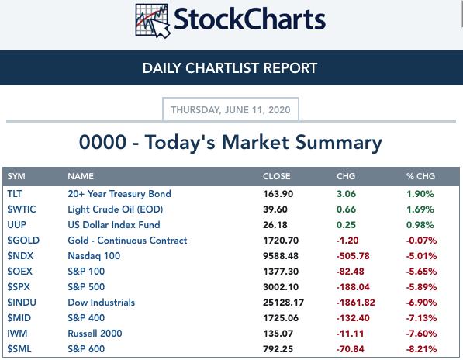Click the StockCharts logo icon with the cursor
coord(153,21)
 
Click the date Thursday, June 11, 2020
coord(230,110)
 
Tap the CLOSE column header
coord(276,176)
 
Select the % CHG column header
coord(420,176)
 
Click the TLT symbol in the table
coord(15,194)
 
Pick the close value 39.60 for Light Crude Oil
coord(275,209)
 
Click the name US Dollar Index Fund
coord(114,225)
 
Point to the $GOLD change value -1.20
coord(347,241)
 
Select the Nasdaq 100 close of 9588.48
coord(281,256)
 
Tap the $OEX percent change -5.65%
coord(421,272)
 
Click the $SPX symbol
coord(19,287)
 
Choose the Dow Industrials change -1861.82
coord(355,303)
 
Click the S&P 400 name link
coord(86,318)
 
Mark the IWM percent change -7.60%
coord(421,334)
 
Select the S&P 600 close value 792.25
coord(278,349)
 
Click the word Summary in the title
coord(338,144)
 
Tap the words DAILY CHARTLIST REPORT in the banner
coord(230,68)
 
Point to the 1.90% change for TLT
coord(420,194)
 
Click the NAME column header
coord(81,176)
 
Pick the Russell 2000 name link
coord(95,334)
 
